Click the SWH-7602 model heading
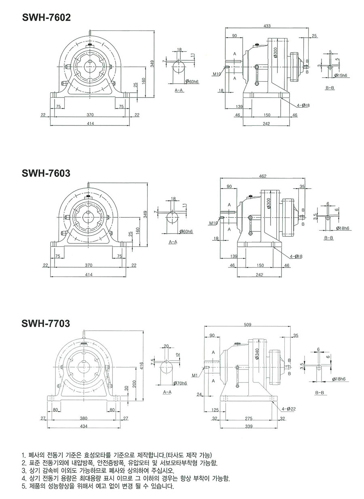(46, 17)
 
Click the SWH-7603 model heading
(46, 173)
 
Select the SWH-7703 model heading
(46, 323)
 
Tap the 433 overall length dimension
(267, 26)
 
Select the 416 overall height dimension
(142, 366)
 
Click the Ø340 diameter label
(256, 353)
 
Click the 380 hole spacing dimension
(84, 418)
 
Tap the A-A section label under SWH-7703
(167, 393)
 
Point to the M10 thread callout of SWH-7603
(214, 223)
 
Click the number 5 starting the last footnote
(23, 486)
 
